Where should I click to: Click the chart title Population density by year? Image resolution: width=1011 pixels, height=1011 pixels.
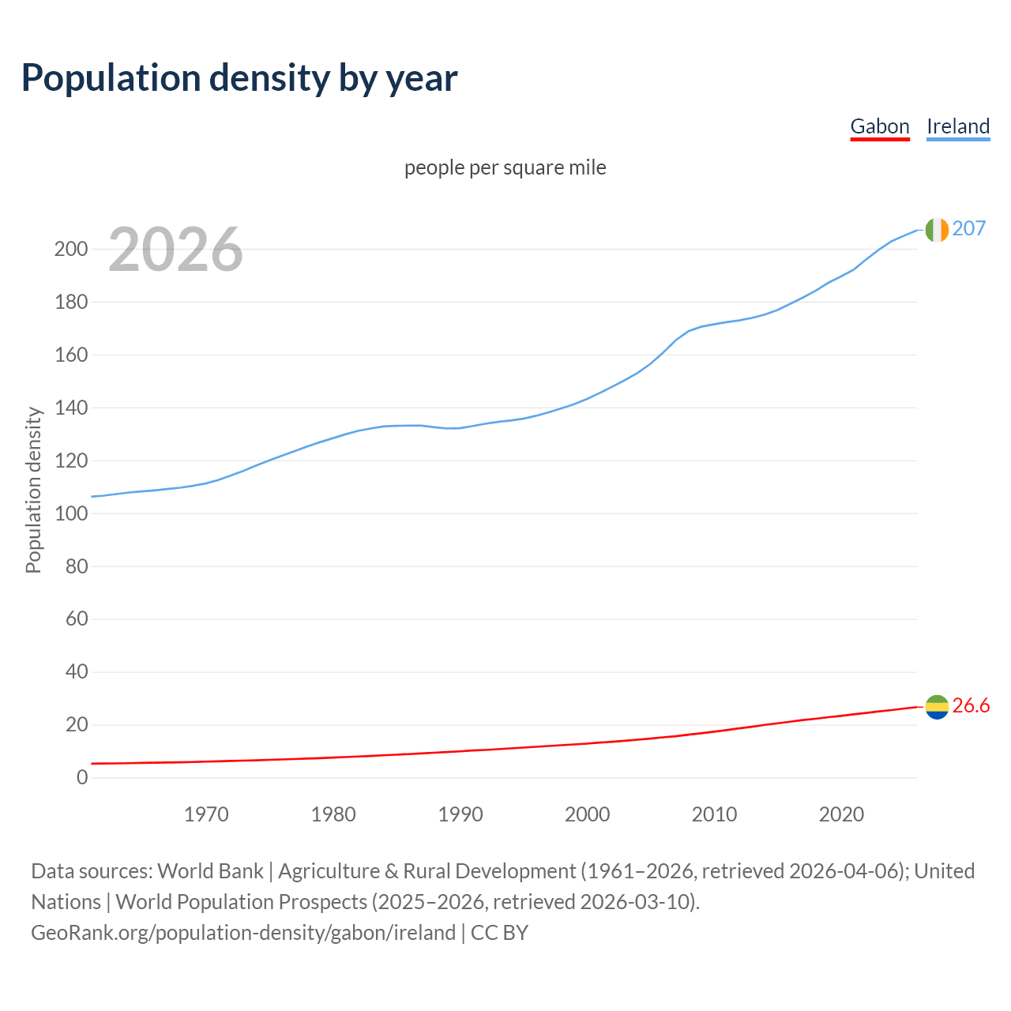tap(239, 78)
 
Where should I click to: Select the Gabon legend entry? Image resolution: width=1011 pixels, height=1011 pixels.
tap(880, 126)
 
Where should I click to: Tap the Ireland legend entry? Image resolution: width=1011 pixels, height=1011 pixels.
tap(958, 126)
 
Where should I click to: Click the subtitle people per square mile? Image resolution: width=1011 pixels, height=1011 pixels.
tap(505, 167)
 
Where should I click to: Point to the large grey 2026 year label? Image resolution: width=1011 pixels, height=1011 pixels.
tap(175, 250)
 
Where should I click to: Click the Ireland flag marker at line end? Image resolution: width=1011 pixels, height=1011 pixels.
tap(937, 229)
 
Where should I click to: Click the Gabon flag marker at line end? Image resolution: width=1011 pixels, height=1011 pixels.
tap(937, 706)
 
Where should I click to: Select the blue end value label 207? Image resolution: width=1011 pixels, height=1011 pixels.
tap(969, 228)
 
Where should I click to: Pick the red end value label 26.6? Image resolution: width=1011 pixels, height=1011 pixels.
tap(971, 705)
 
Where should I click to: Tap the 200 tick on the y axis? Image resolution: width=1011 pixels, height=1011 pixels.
tap(71, 250)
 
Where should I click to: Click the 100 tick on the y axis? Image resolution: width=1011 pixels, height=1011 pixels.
tap(71, 513)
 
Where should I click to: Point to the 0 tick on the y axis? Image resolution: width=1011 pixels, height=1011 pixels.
tap(82, 777)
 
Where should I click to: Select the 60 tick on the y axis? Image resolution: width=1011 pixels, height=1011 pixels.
tap(77, 618)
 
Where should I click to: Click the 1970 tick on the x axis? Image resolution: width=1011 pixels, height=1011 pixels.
tap(206, 814)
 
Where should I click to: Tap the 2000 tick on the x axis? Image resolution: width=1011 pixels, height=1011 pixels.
tap(587, 814)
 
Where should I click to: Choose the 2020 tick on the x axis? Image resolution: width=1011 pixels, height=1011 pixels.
tap(841, 814)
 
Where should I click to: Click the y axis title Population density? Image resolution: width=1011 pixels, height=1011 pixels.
tap(33, 490)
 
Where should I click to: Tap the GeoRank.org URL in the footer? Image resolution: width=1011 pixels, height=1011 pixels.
tap(243, 933)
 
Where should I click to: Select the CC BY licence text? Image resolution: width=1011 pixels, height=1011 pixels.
tap(499, 933)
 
